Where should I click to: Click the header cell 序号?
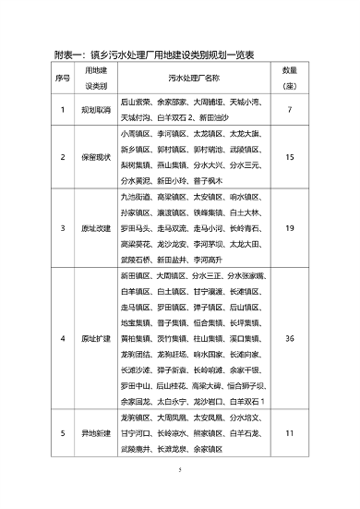coord(64,78)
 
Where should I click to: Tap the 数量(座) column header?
coord(289,78)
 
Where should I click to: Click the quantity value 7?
coord(289,110)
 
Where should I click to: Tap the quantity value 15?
coord(289,157)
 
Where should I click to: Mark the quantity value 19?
coord(289,228)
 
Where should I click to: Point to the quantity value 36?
coord(289,339)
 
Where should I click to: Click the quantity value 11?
coord(289,432)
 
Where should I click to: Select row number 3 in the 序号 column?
coord(64,228)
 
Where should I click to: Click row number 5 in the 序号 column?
coord(64,432)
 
